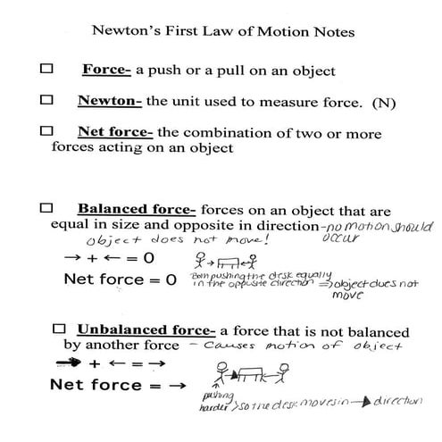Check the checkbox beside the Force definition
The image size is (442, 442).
tap(47, 69)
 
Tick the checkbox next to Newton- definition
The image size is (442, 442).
tap(47, 100)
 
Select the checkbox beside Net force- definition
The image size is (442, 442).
tap(47, 131)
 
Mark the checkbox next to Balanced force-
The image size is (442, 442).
tap(47, 209)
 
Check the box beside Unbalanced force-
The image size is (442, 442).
tap(61, 328)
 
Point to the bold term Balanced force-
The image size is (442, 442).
tap(137, 210)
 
